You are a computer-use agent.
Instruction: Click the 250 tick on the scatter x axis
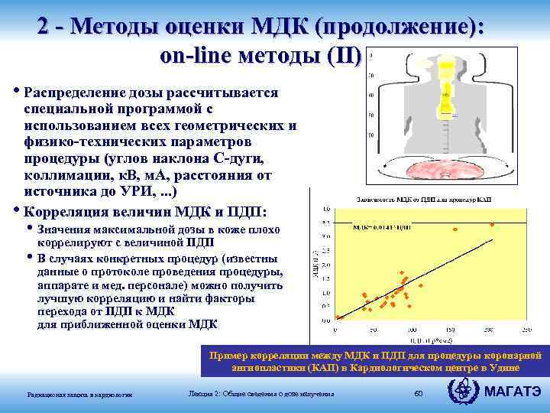(526, 330)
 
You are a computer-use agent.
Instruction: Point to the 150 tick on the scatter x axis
(448, 330)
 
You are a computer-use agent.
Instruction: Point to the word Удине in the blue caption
(522, 366)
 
